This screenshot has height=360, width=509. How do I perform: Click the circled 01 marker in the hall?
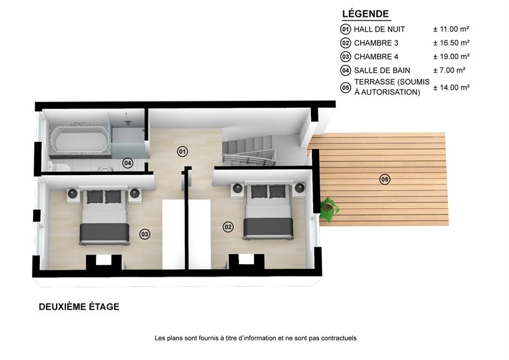[183, 151]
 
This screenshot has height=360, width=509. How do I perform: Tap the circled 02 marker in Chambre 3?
[228, 227]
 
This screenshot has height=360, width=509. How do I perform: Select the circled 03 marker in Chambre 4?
[145, 234]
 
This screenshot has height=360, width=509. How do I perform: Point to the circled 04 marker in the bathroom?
[128, 163]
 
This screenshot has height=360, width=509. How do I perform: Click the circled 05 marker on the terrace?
[384, 179]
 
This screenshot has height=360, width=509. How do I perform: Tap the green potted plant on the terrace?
[328, 209]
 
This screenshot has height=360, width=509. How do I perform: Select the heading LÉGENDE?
[366, 14]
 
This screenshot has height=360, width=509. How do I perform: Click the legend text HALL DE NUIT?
[379, 29]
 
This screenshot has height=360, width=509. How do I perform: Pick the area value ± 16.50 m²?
[451, 42]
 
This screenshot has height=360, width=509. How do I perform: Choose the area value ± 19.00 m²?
[451, 57]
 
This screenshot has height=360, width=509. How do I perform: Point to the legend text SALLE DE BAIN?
[382, 70]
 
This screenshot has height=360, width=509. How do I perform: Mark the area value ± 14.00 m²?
[451, 87]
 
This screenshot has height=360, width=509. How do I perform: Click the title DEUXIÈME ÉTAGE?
[79, 307]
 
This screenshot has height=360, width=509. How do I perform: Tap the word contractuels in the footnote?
[338, 338]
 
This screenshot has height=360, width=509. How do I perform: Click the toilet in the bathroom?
[59, 166]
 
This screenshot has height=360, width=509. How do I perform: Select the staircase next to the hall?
[249, 150]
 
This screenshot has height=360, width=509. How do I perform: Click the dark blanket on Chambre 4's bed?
[105, 232]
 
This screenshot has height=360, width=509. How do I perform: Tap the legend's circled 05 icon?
[345, 88]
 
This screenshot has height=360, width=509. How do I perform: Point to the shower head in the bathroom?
[128, 122]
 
